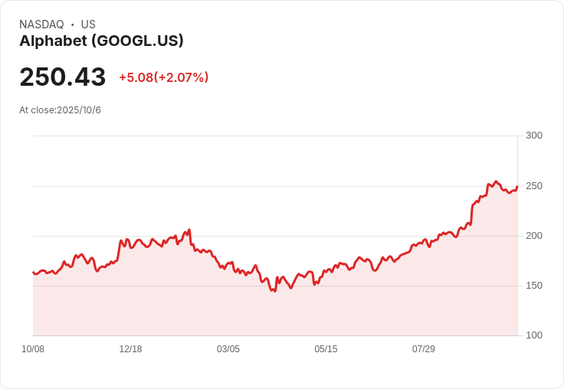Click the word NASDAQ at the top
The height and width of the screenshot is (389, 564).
click(41, 25)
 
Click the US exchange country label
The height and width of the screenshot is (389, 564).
click(88, 25)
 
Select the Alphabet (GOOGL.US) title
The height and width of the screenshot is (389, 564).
click(101, 41)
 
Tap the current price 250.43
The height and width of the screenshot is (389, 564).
click(63, 77)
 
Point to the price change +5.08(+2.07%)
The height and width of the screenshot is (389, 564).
click(164, 77)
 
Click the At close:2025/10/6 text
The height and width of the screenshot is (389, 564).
click(60, 110)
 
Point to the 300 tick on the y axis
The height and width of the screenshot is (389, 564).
click(534, 136)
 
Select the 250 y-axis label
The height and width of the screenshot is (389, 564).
click(534, 186)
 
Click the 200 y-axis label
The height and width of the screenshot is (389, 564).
click(534, 236)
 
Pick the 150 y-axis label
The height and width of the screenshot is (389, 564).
click(534, 286)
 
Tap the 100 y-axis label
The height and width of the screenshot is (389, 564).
click(534, 335)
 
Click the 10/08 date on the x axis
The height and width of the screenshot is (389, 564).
click(33, 349)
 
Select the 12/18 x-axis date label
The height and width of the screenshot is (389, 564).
click(130, 349)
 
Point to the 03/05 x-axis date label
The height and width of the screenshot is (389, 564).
click(228, 349)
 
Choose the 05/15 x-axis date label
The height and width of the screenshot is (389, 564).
click(326, 349)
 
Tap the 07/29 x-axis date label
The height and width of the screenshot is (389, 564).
click(423, 349)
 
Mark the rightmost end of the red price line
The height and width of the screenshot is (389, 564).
click(517, 186)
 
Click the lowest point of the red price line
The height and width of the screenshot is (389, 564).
click(275, 291)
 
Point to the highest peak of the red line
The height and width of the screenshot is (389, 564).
click(496, 181)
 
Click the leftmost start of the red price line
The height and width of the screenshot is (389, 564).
click(33, 272)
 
